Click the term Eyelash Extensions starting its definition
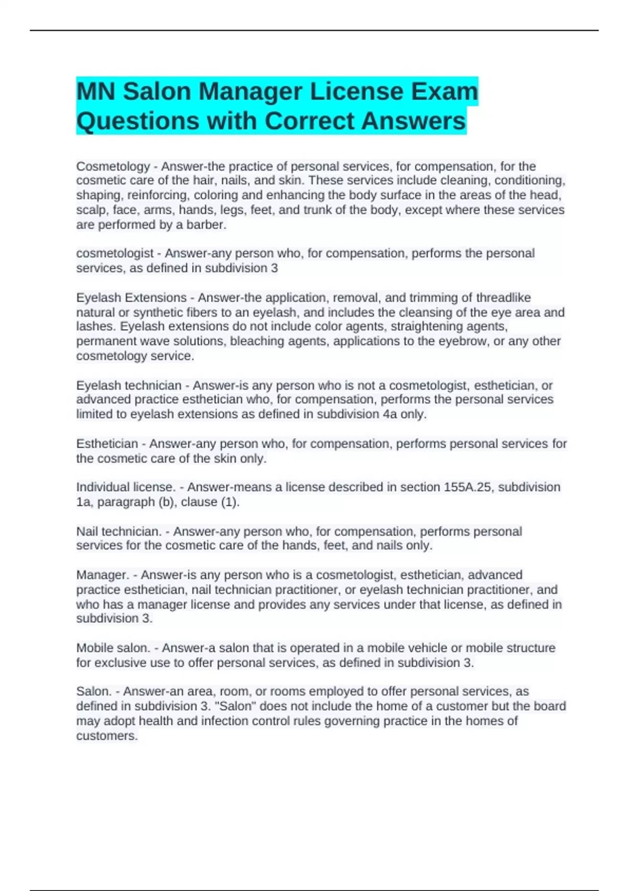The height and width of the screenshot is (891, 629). (x=131, y=298)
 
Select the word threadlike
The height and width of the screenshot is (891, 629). (x=503, y=298)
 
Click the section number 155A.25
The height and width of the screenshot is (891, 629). (x=468, y=487)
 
